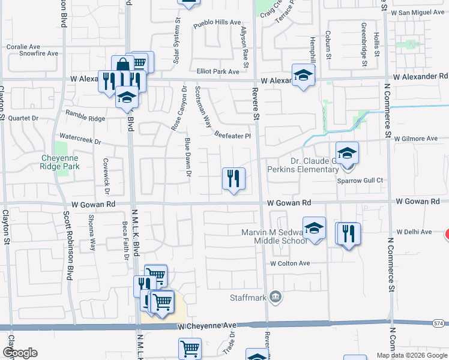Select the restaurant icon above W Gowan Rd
coord(233,179)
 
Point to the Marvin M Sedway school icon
coord(314,229)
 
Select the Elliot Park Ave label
coord(218,71)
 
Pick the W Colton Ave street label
coord(290,263)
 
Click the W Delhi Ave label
coord(414,232)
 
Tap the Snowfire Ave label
coord(38,53)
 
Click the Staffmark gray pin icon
coord(275,296)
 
